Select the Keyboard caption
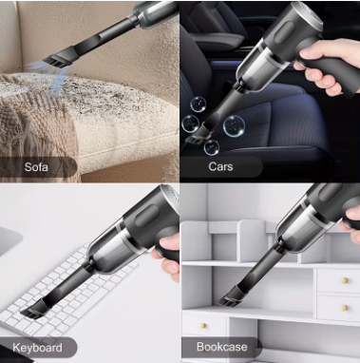click(x=38, y=346)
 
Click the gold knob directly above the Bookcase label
click(x=220, y=323)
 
